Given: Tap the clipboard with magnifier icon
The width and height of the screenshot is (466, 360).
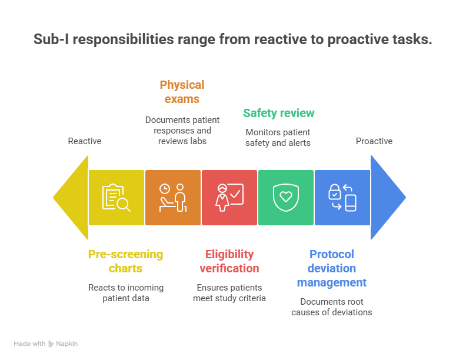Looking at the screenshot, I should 116,198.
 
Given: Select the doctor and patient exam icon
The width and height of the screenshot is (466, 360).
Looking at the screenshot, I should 172,198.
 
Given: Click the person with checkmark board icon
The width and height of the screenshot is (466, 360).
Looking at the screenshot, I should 229,198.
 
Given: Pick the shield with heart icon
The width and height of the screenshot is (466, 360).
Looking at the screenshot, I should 285,198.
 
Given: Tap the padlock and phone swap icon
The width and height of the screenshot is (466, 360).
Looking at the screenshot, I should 342,198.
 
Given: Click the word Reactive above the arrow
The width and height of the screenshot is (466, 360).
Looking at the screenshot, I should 85,141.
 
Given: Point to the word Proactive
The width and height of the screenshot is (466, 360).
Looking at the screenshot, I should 374,141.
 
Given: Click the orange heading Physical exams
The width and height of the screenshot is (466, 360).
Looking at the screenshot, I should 182,92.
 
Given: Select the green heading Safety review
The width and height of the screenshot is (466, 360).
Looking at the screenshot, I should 279,113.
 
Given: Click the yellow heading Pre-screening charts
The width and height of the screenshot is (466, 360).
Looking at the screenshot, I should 125,261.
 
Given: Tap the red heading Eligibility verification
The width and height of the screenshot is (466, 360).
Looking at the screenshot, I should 229,261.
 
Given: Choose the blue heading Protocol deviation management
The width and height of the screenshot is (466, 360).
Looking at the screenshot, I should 332,268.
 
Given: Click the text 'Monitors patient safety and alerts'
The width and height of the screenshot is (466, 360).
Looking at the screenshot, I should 278,137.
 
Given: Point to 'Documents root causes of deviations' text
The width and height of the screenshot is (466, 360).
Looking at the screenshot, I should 332,307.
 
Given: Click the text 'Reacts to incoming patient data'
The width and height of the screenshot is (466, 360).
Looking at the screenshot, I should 125,293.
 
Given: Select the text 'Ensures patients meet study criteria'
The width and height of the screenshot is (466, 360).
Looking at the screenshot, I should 229,293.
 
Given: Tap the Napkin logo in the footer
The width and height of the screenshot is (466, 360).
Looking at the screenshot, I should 64,344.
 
